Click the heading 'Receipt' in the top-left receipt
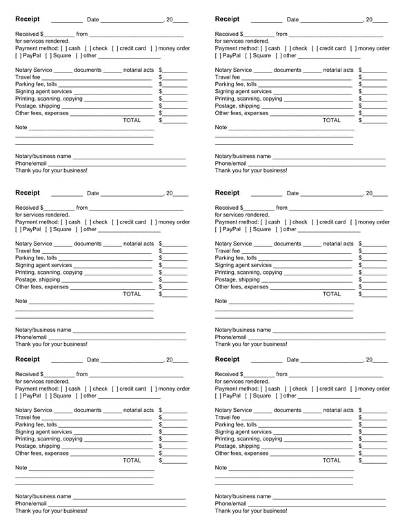pyautogui.click(x=28, y=19)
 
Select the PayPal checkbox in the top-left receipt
pyautogui.click(x=19, y=56)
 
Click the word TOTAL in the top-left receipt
pyautogui.click(x=132, y=120)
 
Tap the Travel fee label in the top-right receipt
pyautogui.click(x=228, y=77)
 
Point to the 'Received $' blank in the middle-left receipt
pyautogui.click(x=59, y=208)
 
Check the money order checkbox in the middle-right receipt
pyautogui.click(x=354, y=222)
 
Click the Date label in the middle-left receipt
pyautogui.click(x=93, y=194)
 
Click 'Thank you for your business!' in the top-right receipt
pyautogui.click(x=251, y=170)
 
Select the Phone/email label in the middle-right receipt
pyautogui.click(x=230, y=337)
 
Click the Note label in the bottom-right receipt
pyautogui.click(x=221, y=468)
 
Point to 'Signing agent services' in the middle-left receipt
pyautogui.click(x=43, y=265)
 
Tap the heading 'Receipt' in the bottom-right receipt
pyautogui.click(x=228, y=359)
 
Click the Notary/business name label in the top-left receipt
pyautogui.click(x=43, y=157)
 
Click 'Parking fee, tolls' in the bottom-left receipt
pyautogui.click(x=36, y=424)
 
